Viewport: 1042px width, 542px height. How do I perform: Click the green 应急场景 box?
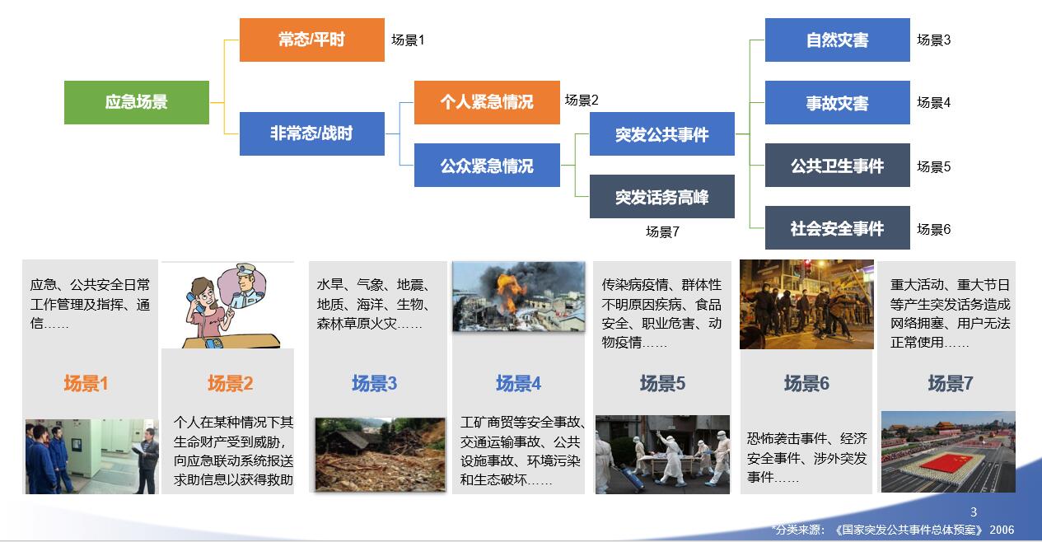136,102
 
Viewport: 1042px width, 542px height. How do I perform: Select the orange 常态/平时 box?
311,40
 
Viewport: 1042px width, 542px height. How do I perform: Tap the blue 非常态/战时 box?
311,133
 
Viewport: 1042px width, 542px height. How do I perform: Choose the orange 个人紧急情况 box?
487,102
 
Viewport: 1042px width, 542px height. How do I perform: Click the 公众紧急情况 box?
487,166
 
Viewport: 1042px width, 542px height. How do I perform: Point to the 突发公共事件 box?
662,133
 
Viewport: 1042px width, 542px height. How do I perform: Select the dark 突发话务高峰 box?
662,196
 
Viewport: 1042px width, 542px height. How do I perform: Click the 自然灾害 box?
838,40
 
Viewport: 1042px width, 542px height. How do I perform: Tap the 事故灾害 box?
838,102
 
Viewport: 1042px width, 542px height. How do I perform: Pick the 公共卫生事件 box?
838,166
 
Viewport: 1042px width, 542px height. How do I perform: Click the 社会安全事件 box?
838,227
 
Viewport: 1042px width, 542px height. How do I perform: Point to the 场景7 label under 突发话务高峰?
662,231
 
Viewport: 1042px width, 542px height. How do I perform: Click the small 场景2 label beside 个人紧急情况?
582,100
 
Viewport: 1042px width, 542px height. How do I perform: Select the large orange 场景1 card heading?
86,383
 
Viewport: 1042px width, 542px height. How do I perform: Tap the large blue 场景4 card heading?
518,383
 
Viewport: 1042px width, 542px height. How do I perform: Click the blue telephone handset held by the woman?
195,302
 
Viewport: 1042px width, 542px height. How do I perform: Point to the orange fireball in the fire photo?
510,291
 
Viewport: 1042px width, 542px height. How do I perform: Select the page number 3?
974,512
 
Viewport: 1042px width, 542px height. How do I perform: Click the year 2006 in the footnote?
1002,530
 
